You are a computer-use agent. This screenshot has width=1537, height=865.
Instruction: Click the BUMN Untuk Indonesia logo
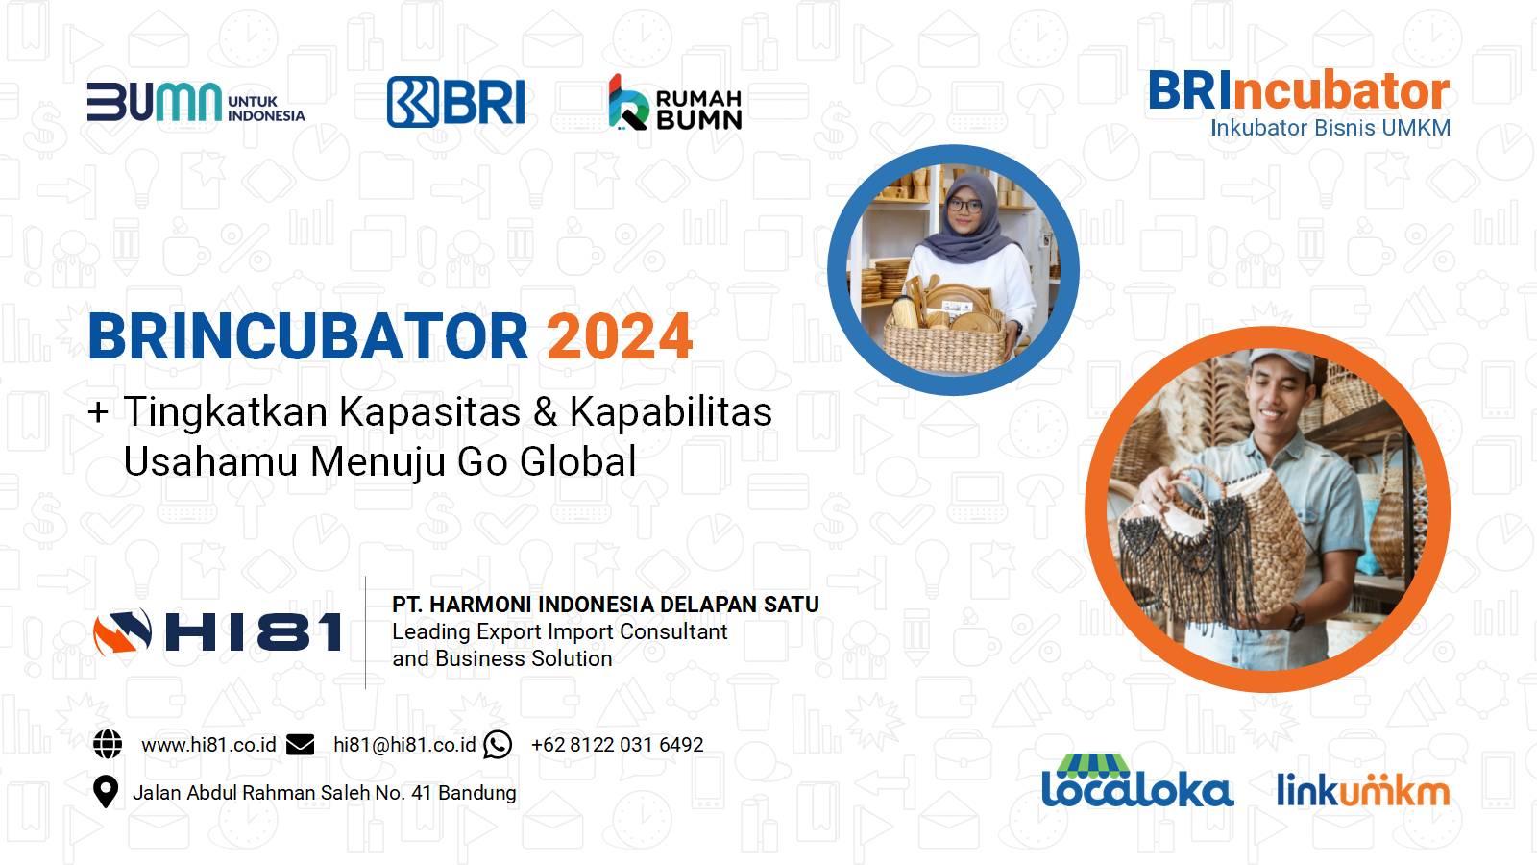click(196, 102)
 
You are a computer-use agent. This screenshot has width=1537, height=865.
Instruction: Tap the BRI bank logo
click(456, 102)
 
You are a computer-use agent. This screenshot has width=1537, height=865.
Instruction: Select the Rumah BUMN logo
click(675, 103)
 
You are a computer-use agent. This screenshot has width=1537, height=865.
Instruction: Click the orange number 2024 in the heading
click(620, 336)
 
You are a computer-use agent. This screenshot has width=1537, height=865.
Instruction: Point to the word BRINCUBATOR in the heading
click(308, 336)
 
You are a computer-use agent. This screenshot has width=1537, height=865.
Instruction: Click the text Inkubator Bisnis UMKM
click(1330, 128)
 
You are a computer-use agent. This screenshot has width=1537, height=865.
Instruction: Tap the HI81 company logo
click(217, 631)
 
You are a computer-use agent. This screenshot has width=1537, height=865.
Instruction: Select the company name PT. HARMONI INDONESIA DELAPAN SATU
click(606, 605)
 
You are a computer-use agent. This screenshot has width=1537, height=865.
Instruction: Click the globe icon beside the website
click(108, 744)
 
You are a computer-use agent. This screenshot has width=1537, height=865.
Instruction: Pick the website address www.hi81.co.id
click(208, 745)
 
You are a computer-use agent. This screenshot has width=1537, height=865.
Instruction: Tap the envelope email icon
click(300, 744)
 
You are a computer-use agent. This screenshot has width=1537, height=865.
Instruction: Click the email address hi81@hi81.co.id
click(404, 745)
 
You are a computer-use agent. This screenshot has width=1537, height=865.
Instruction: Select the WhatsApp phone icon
click(498, 744)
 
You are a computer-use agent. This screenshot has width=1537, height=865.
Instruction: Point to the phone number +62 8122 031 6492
click(618, 745)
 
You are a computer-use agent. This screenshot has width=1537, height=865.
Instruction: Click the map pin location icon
click(105, 792)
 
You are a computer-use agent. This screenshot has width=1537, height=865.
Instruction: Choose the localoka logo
click(1137, 780)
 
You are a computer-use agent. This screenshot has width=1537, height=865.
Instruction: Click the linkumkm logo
click(1363, 789)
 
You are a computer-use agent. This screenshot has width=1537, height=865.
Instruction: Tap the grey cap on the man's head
click(1281, 364)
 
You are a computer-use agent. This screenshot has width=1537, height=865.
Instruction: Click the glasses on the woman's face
click(964, 204)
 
